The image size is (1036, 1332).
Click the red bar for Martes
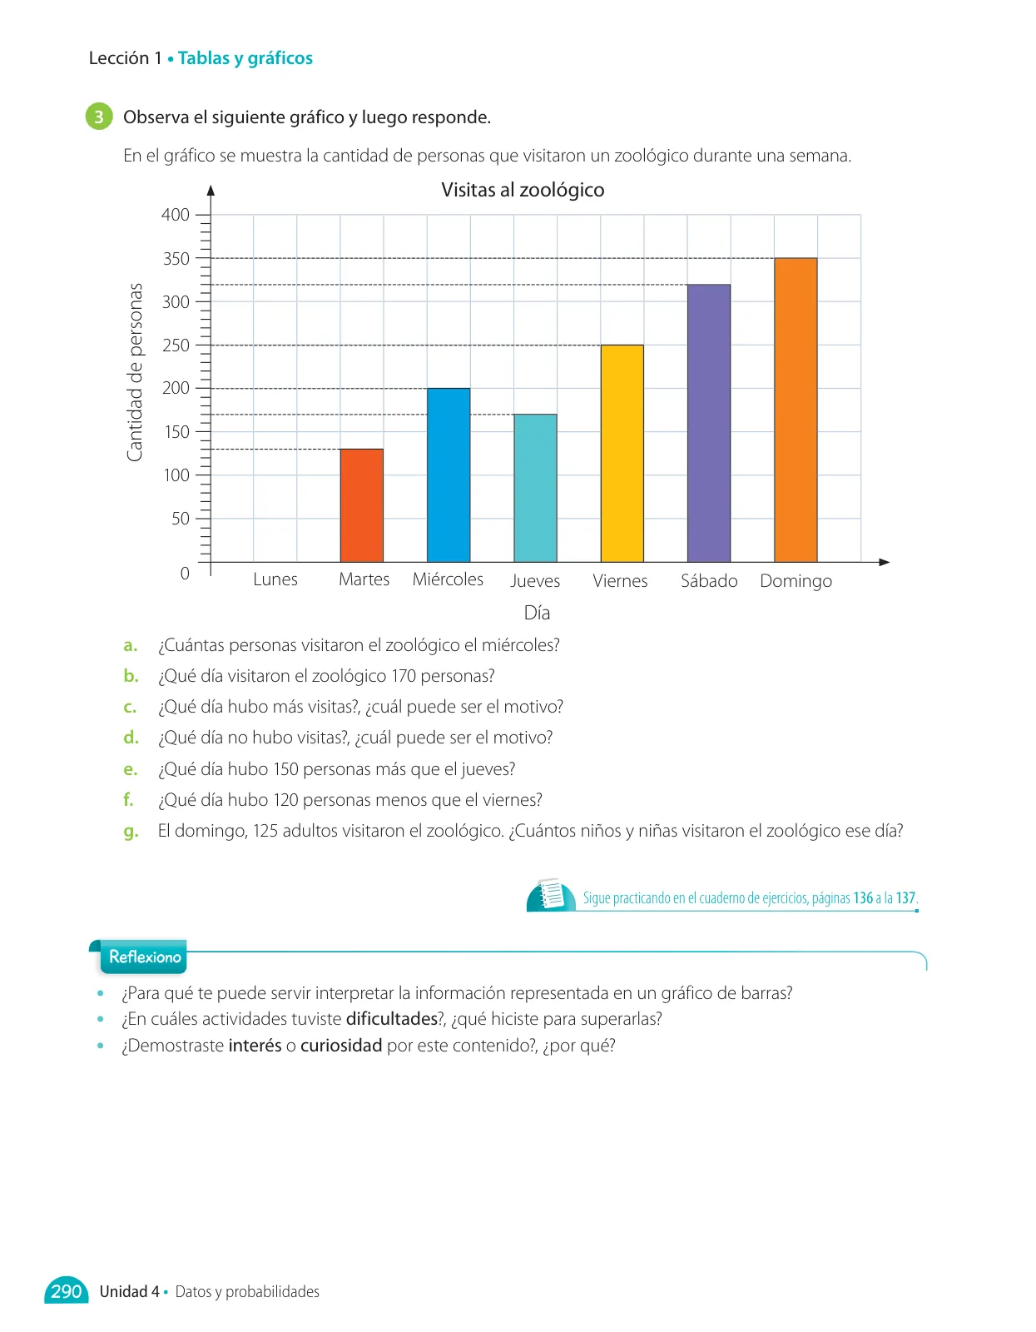[361, 505]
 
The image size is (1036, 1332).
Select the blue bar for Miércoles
[449, 475]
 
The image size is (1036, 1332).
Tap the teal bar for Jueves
[535, 488]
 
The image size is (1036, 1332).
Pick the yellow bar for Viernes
[622, 454]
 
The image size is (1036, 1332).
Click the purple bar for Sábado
[709, 423]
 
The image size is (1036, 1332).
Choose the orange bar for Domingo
[796, 410]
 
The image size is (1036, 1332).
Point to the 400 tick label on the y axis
[176, 215]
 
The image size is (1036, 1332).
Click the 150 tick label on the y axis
[176, 431]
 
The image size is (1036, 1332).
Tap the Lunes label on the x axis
[275, 579]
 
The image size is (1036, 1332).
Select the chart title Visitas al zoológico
[523, 190]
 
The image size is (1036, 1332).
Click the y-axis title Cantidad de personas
[135, 372]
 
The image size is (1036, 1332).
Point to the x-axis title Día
[537, 613]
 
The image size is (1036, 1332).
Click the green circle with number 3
[99, 117]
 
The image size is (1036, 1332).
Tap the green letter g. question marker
[131, 832]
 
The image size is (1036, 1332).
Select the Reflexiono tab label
[145, 957]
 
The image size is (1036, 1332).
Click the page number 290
[67, 1291]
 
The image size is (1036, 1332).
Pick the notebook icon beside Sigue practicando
[551, 894]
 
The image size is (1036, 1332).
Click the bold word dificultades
[392, 1019]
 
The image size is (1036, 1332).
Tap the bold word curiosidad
[341, 1045]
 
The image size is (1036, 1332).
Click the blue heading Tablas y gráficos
[245, 58]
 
